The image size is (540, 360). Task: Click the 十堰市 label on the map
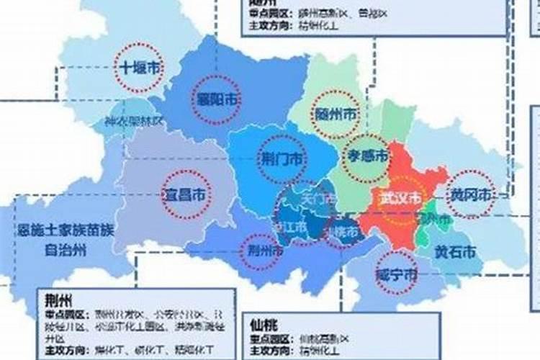(x=139, y=68)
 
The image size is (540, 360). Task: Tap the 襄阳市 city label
(x=217, y=99)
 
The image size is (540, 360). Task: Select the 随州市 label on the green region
(x=336, y=114)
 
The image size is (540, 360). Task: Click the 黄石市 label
(x=454, y=252)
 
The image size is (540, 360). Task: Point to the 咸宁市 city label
(x=397, y=274)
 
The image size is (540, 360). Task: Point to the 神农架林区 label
(x=134, y=122)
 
